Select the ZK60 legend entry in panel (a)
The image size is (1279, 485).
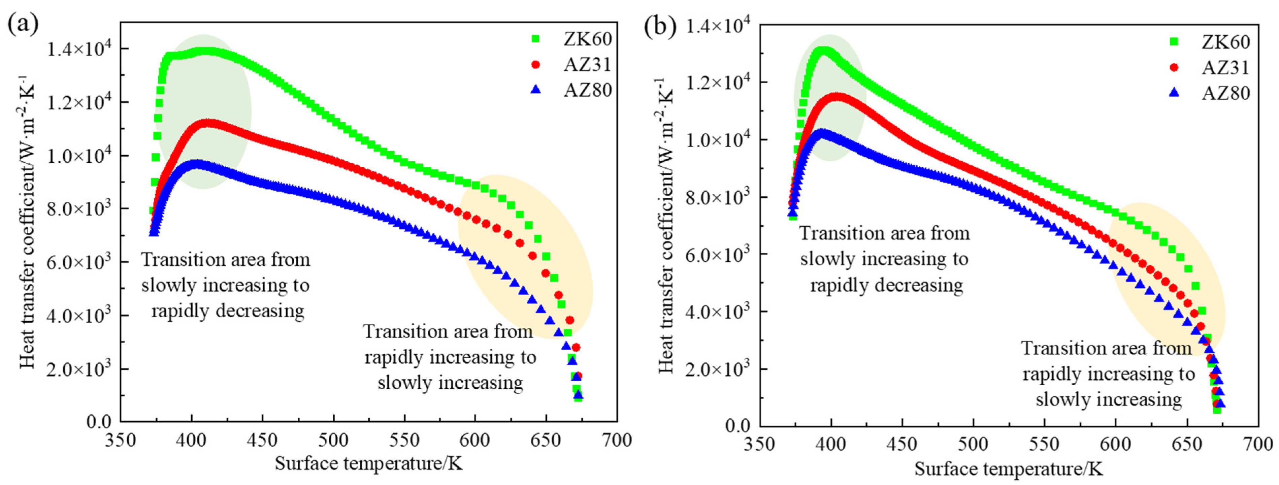pos(587,39)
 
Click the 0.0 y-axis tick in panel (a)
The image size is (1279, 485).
pos(99,422)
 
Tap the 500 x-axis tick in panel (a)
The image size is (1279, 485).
pos(333,440)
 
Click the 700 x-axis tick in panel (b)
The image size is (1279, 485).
pos(1258,444)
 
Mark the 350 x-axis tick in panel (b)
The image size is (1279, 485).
pos(760,444)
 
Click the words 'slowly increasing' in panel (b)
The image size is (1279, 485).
pos(1108,399)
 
